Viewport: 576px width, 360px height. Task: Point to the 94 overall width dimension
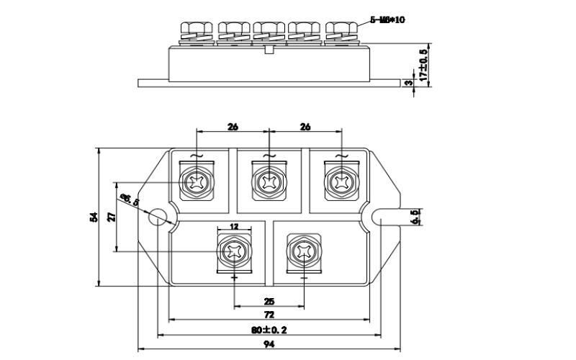coord(269,346)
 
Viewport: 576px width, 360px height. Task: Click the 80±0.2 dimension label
coord(269,330)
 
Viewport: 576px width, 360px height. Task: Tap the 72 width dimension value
coord(269,315)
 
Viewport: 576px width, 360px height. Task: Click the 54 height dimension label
coord(92,217)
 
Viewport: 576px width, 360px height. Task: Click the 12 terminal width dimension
coord(234,226)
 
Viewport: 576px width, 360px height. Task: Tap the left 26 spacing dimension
coord(233,127)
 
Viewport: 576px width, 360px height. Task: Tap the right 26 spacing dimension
coord(305,127)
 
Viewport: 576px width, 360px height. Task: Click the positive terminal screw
coord(235,251)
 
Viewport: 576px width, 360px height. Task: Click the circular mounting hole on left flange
coord(156,217)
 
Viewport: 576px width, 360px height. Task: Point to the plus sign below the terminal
coord(235,276)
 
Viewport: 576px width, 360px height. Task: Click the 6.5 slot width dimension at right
coord(415,217)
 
